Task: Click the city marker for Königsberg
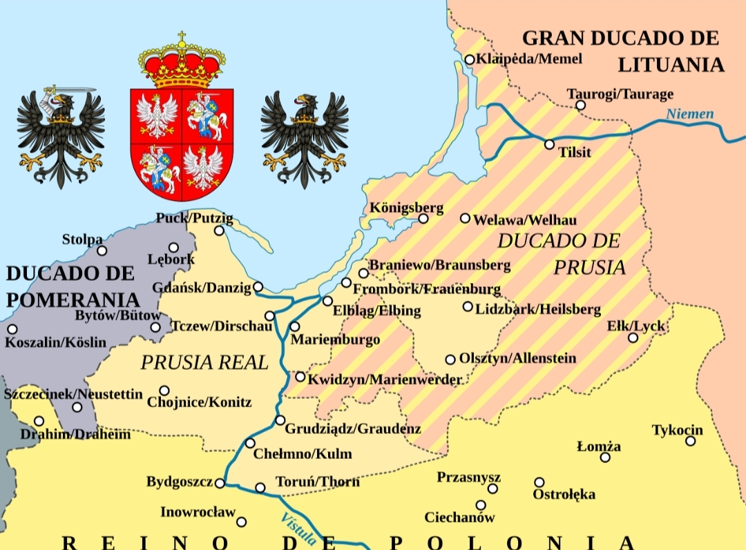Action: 423,219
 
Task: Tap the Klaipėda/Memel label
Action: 529,59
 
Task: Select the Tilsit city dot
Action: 549,144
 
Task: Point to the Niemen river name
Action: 690,114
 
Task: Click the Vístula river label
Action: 298,529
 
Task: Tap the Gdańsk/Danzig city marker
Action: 258,286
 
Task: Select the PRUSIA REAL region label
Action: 204,362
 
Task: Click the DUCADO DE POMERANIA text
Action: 72,286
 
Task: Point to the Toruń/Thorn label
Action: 317,482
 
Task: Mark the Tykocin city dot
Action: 690,440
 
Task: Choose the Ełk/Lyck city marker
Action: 633,337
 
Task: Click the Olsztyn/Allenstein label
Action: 517,359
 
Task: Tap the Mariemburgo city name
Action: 335,340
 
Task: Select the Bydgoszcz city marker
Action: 220,483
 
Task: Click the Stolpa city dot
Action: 102,251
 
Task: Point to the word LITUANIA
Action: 671,65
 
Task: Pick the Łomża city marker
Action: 605,457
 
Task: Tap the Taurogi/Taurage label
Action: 620,94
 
